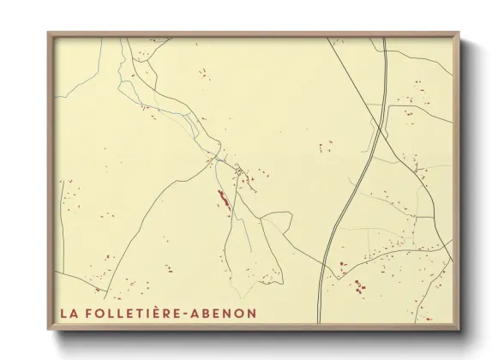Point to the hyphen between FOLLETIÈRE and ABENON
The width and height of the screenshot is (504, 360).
click(x=189, y=313)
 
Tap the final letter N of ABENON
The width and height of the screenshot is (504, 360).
click(x=249, y=313)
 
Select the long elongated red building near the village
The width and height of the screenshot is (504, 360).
click(x=222, y=199)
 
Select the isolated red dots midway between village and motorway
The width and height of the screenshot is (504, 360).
click(x=326, y=146)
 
